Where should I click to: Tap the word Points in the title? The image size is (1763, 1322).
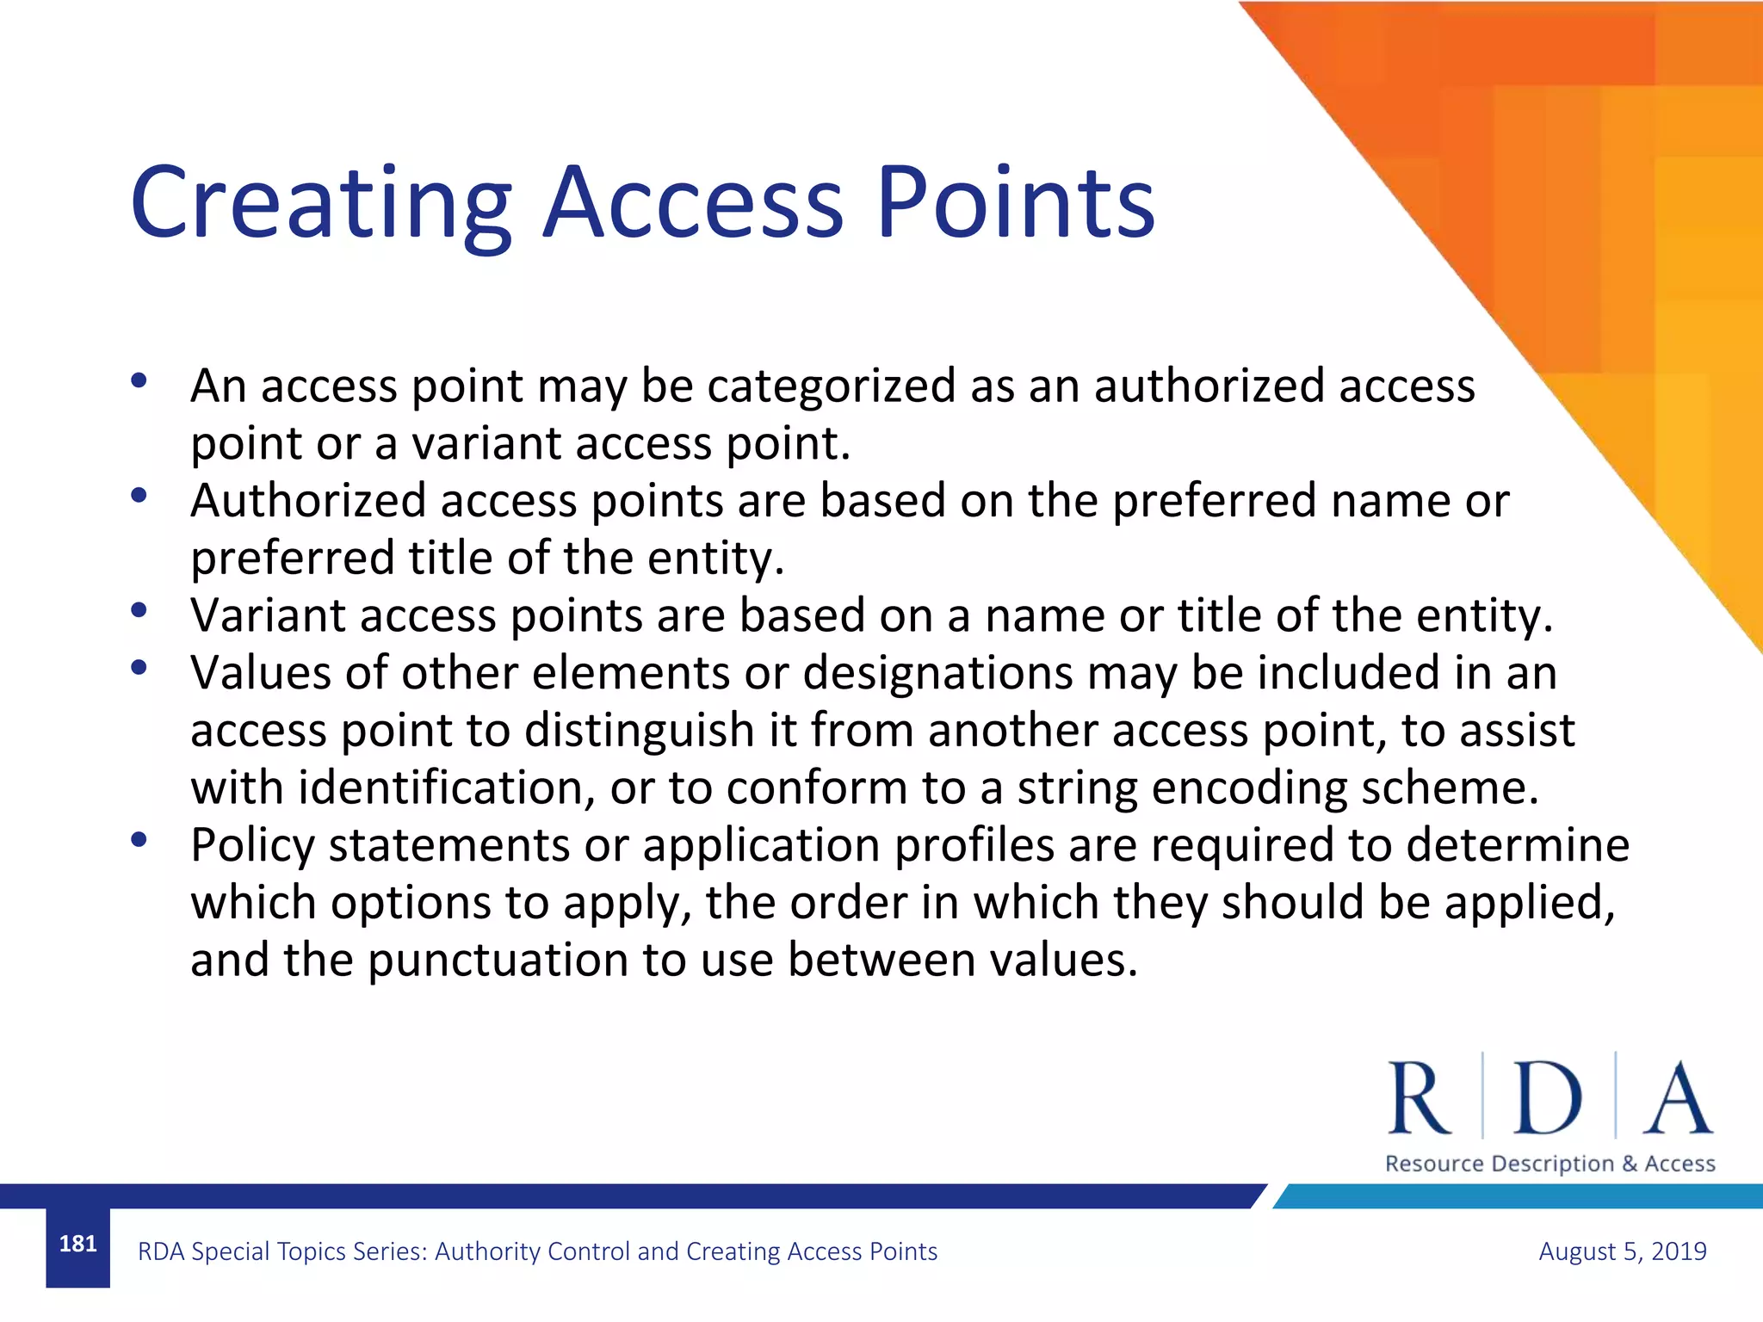click(x=1016, y=205)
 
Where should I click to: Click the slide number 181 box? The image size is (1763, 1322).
click(x=77, y=1245)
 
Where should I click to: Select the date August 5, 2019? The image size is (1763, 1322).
click(x=1622, y=1251)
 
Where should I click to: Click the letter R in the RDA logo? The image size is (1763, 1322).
click(x=1419, y=1099)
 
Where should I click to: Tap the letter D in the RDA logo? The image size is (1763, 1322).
click(x=1547, y=1099)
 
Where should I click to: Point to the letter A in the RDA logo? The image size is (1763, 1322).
click(x=1677, y=1099)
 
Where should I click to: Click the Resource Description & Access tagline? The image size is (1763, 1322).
click(x=1550, y=1164)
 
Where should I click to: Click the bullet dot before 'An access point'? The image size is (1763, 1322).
click(x=139, y=380)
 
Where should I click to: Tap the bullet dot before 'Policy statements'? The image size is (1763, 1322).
click(x=139, y=839)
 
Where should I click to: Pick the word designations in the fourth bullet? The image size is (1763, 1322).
click(x=937, y=673)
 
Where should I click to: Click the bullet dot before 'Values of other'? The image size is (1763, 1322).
click(x=139, y=667)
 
